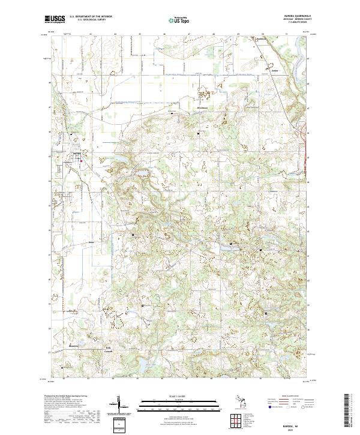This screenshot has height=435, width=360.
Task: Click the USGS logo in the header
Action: [55, 19]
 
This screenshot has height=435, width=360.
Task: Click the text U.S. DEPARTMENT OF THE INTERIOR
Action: [91, 17]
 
